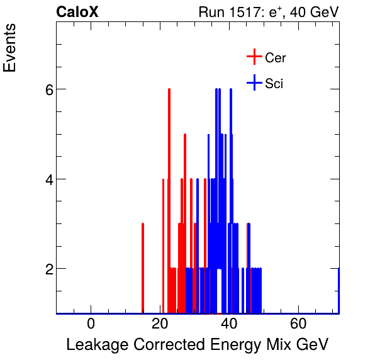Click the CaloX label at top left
(x=77, y=12)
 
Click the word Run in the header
(x=211, y=12)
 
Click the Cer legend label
(x=276, y=58)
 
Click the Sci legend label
(x=274, y=84)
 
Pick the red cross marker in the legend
(x=254, y=57)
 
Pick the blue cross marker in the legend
(x=254, y=83)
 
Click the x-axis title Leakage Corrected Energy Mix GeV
(x=198, y=345)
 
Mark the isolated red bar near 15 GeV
(x=143, y=267)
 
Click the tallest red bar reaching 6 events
(x=169, y=189)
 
